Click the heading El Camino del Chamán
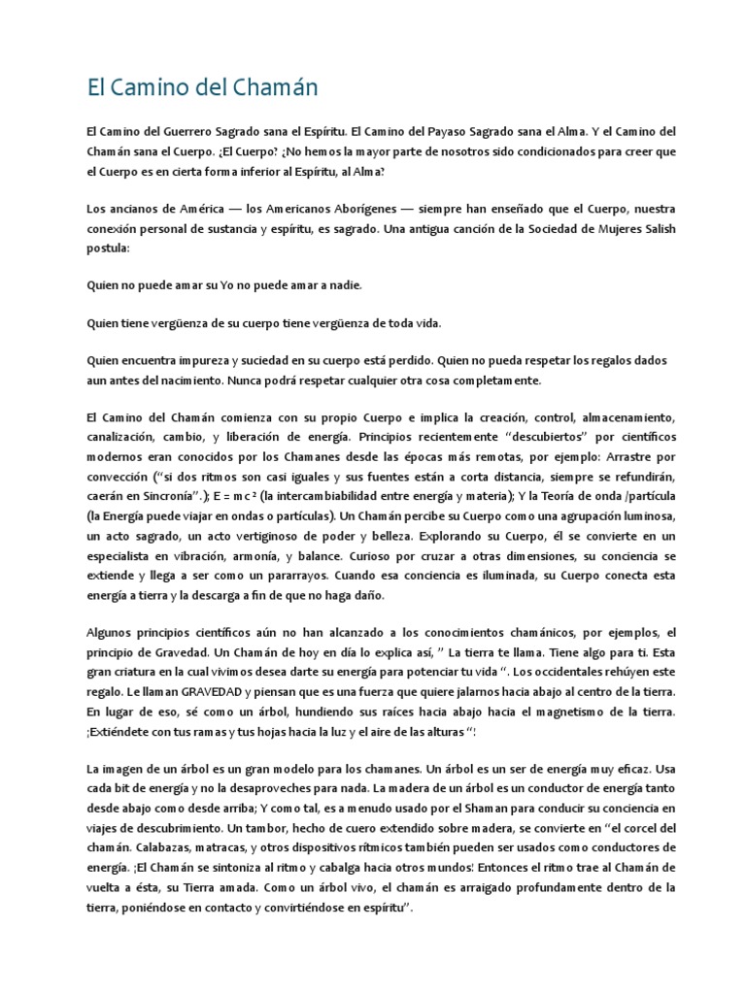tap(202, 88)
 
